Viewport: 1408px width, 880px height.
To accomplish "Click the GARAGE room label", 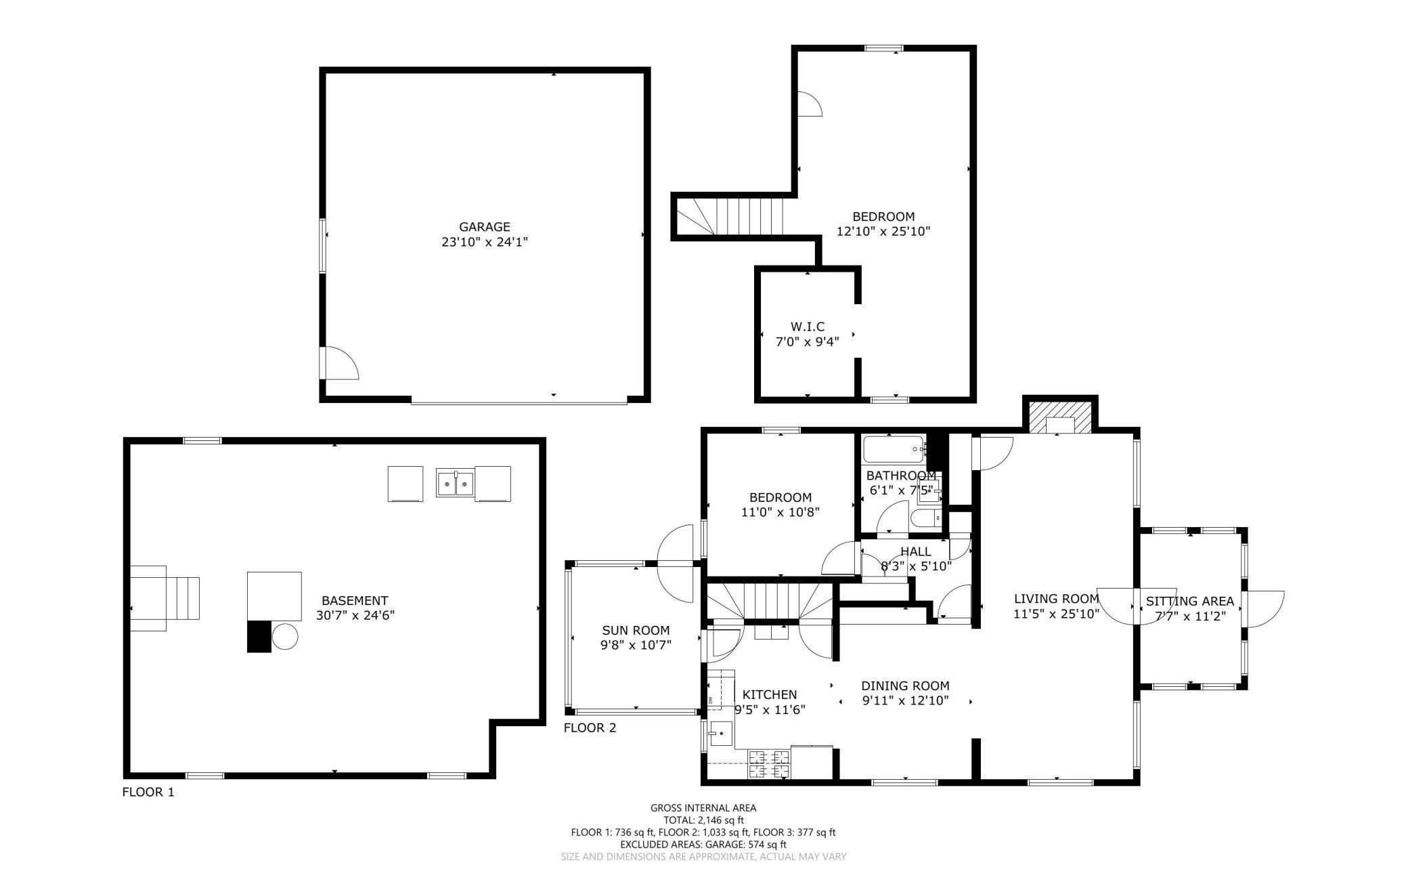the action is click(485, 227).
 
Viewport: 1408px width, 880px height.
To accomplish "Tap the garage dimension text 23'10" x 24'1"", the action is click(485, 242).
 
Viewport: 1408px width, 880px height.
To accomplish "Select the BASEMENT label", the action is click(355, 601).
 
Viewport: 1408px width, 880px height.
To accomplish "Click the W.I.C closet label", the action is click(808, 327).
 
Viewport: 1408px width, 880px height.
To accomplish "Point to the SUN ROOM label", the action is click(636, 631).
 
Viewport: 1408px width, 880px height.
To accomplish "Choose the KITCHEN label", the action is click(770, 694).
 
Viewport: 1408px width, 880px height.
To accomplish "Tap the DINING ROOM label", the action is click(905, 686).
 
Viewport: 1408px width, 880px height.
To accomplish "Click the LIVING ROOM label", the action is click(1056, 599).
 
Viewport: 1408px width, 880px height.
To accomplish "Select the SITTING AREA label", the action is click(1190, 601).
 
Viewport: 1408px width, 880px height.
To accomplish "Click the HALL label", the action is click(916, 551).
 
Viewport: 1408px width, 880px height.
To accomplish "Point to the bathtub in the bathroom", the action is click(894, 448).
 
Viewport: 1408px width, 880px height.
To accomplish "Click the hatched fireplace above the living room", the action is click(1060, 417).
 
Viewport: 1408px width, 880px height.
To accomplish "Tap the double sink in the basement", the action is click(456, 484).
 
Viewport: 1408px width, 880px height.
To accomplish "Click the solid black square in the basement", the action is click(259, 636).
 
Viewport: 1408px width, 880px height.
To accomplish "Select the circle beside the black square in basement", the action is click(285, 637).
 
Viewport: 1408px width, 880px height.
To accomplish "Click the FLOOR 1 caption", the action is click(148, 792).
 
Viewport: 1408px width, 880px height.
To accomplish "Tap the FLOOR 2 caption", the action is click(590, 728).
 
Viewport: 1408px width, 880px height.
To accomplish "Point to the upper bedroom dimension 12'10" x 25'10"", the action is click(883, 231).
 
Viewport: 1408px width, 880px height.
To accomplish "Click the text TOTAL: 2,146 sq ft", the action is click(703, 820).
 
